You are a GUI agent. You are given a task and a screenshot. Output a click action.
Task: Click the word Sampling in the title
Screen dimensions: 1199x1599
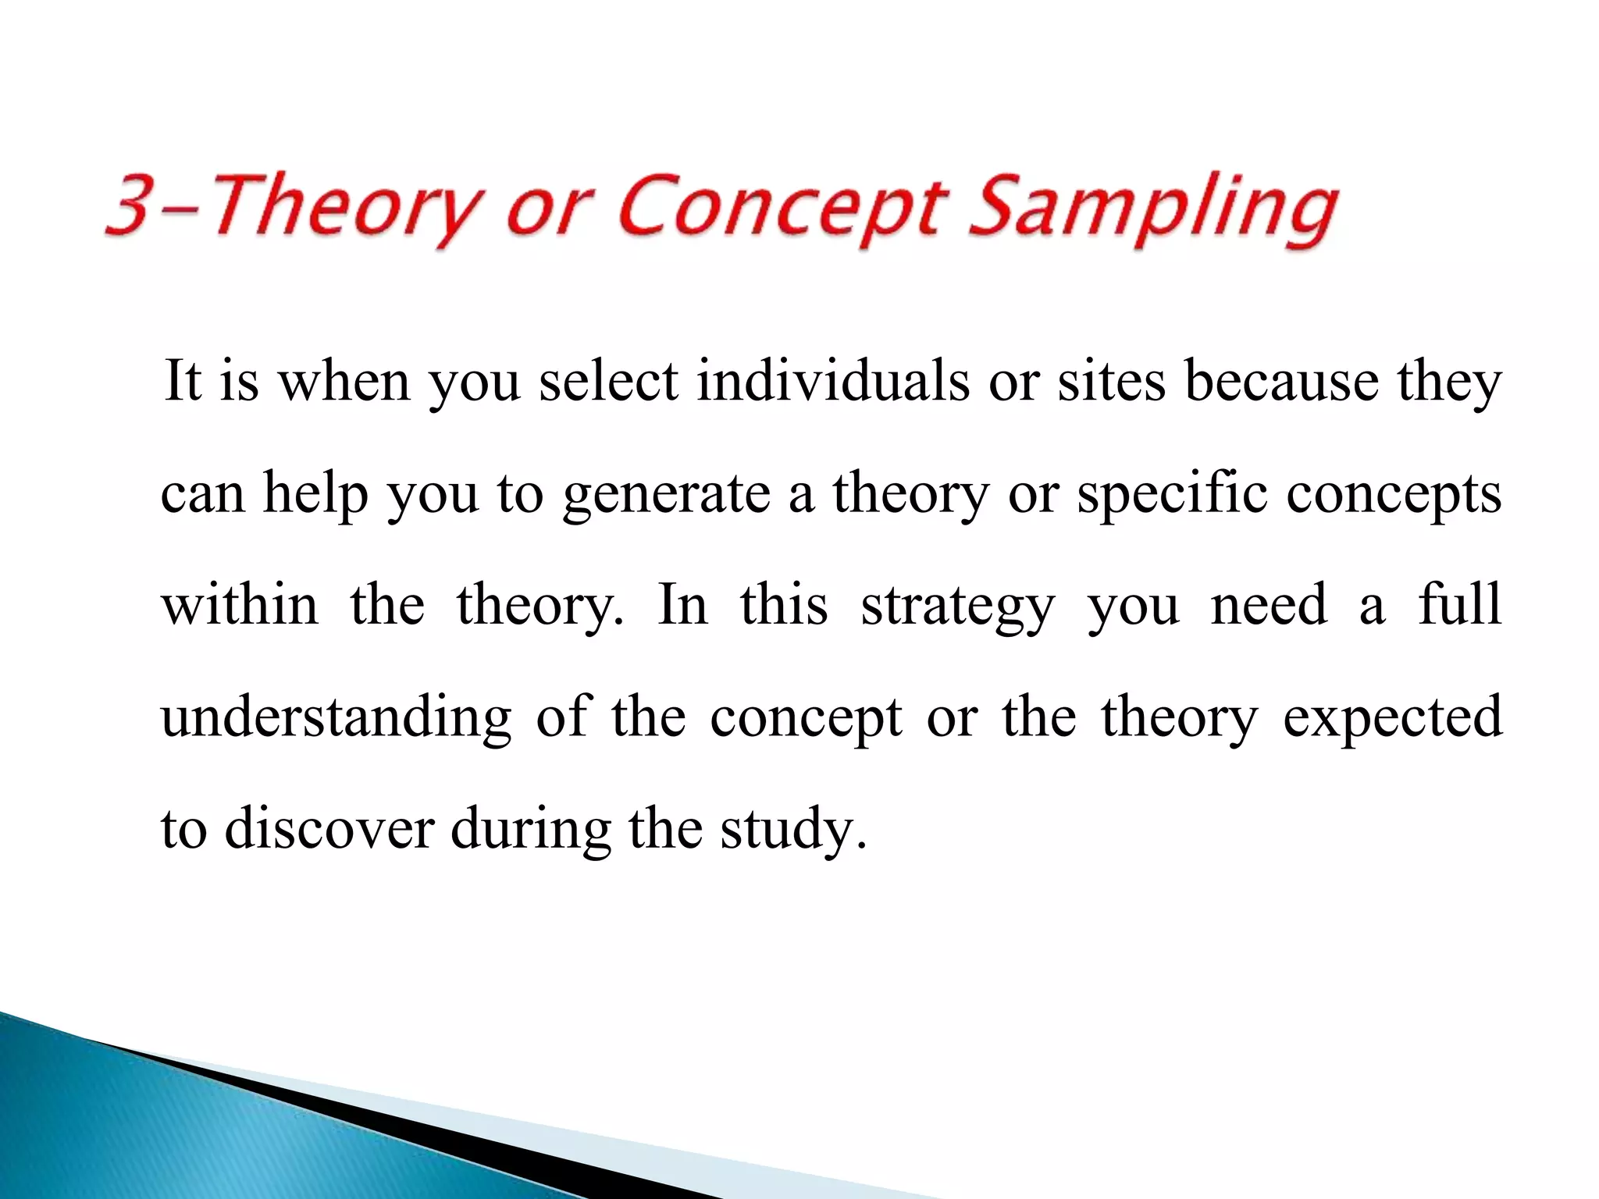pyautogui.click(x=1153, y=209)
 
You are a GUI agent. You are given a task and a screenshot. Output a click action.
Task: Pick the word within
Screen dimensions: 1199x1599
pyautogui.click(x=240, y=605)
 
